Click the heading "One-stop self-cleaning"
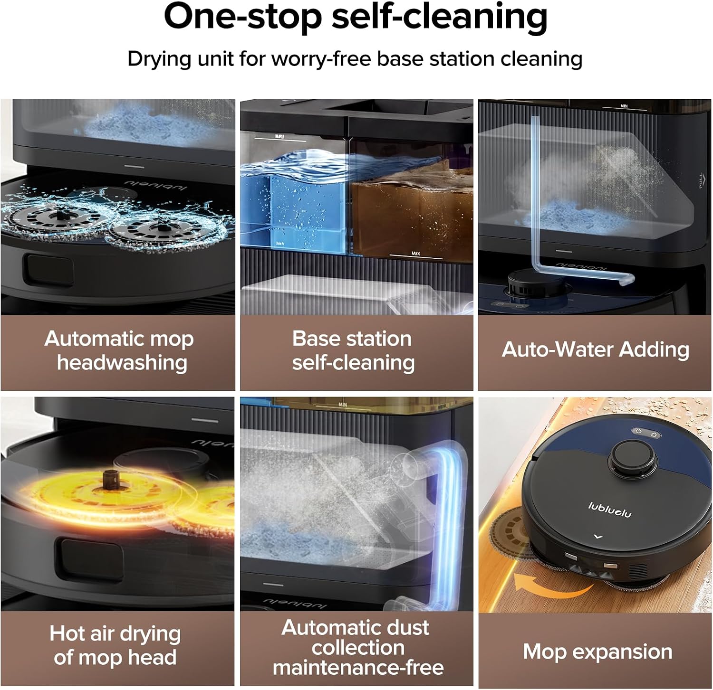click(356, 17)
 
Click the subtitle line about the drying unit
click(355, 59)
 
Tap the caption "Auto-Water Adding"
click(596, 349)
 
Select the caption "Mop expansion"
click(597, 652)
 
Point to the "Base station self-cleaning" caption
click(353, 350)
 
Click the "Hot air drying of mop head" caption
click(116, 645)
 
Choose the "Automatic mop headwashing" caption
click(119, 350)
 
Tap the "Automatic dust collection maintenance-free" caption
click(357, 648)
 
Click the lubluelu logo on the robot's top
click(610, 510)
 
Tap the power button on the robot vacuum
click(638, 431)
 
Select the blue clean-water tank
click(295, 204)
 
